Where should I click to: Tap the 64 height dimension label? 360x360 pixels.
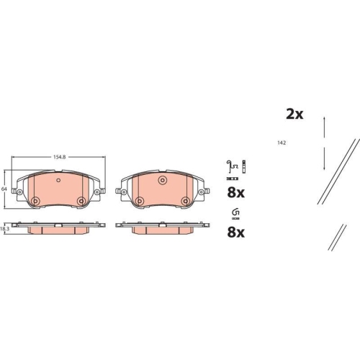click(4, 188)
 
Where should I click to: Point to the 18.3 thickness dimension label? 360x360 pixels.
click(4, 228)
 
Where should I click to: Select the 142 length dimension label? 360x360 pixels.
click(282, 143)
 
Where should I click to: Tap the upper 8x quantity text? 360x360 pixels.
click(236, 193)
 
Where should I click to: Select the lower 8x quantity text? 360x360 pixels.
click(236, 233)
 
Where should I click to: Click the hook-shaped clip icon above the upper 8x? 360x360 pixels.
click(230, 166)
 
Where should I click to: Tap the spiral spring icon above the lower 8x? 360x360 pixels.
click(235, 211)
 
